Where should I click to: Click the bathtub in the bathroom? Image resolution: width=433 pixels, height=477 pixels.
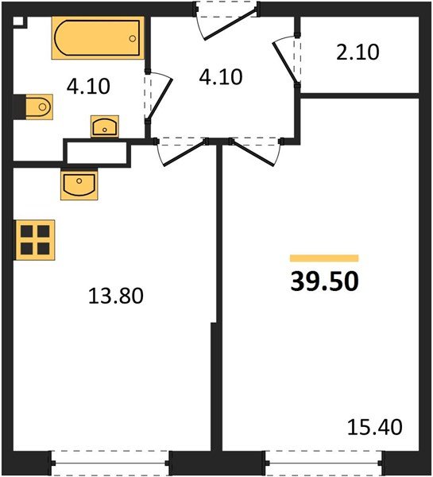pyautogui.click(x=98, y=38)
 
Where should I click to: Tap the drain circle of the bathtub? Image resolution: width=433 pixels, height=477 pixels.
pyautogui.click(x=132, y=39)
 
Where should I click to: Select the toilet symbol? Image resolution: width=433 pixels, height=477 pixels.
pyautogui.click(x=39, y=107)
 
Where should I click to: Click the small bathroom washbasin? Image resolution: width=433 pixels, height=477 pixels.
pyautogui.click(x=105, y=126)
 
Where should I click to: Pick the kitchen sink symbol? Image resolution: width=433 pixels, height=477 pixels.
pyautogui.click(x=79, y=185)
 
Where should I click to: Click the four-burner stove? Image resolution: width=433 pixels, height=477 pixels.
pyautogui.click(x=35, y=240)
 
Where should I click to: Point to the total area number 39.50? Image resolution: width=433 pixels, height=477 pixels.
pyautogui.click(x=325, y=281)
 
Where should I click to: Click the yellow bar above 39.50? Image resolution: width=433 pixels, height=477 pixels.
pyautogui.click(x=324, y=258)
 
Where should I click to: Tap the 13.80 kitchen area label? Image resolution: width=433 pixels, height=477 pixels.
pyautogui.click(x=116, y=296)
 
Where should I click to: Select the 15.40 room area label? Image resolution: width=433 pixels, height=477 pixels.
pyautogui.click(x=375, y=427)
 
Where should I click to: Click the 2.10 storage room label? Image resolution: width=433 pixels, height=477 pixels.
pyautogui.click(x=358, y=52)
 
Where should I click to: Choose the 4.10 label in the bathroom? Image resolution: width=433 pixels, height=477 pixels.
pyautogui.click(x=88, y=86)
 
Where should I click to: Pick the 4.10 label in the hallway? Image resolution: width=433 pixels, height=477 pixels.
pyautogui.click(x=221, y=76)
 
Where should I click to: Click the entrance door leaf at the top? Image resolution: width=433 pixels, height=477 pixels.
pyautogui.click(x=231, y=23)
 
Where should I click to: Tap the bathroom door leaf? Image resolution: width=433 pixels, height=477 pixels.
pyautogui.click(x=160, y=99)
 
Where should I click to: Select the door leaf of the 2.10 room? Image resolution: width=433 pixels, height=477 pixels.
pyautogui.click(x=285, y=63)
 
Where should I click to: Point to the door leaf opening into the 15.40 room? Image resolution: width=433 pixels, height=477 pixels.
pyautogui.click(x=252, y=153)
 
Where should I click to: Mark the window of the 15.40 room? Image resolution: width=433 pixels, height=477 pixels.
pyautogui.click(x=324, y=463)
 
